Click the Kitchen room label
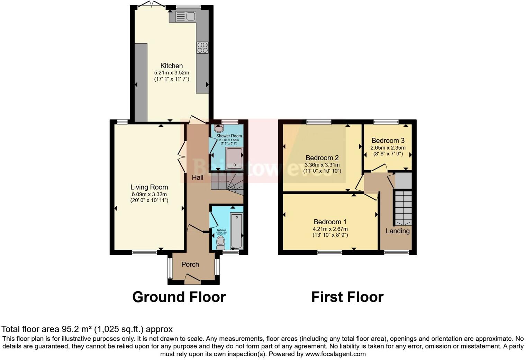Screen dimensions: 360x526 click(171, 66)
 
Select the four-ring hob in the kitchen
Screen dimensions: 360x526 click(202, 47)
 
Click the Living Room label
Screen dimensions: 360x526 click(149, 187)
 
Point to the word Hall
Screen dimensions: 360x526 click(198, 178)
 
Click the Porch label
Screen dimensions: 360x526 click(190, 264)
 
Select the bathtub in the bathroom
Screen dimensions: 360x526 click(237, 231)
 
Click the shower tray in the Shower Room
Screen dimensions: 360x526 click(234, 158)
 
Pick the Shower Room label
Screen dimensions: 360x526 click(229, 136)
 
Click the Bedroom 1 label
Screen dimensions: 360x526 click(330, 222)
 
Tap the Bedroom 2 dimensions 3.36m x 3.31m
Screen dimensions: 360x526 click(322, 165)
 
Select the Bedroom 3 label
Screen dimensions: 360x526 click(388, 141)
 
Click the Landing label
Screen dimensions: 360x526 click(398, 231)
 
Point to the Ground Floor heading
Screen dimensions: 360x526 click(179, 297)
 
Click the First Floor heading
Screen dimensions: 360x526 click(347, 297)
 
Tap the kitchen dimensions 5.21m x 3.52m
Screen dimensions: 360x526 click(171, 73)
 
